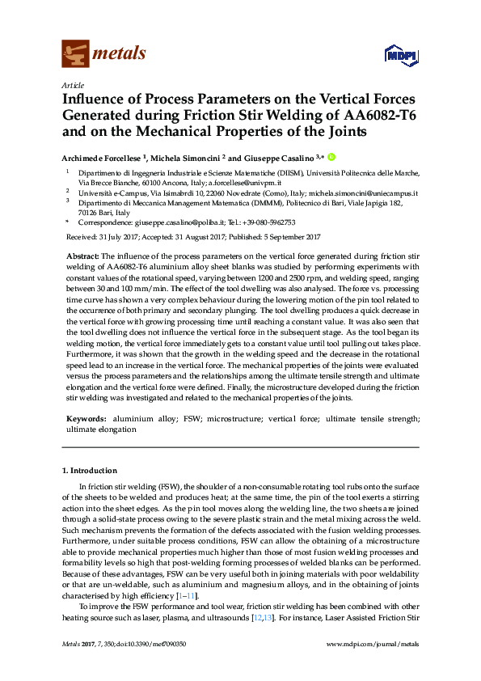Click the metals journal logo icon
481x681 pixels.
[x=75, y=54]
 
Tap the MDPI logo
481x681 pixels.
[x=393, y=56]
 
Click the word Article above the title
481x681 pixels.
[x=72, y=84]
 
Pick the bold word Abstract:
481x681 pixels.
[x=82, y=256]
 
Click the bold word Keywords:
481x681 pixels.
[x=86, y=420]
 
